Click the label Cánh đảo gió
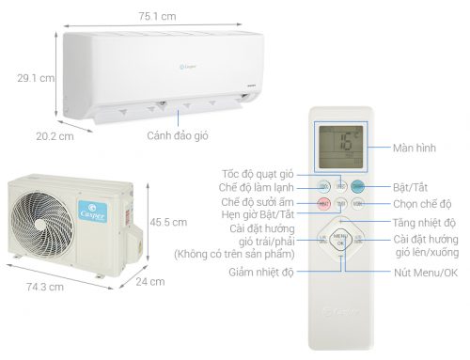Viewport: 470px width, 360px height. coord(177,134)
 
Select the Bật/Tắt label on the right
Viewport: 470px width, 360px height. coord(409,188)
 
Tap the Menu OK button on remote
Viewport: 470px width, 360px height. coord(340,239)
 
